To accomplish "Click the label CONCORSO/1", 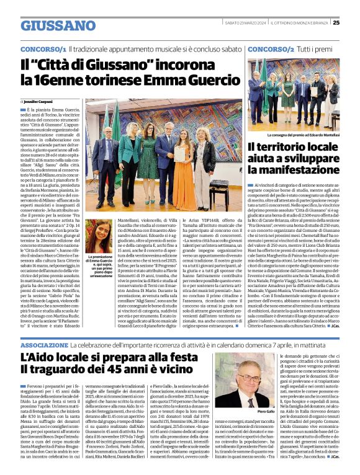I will click(43, 48).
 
